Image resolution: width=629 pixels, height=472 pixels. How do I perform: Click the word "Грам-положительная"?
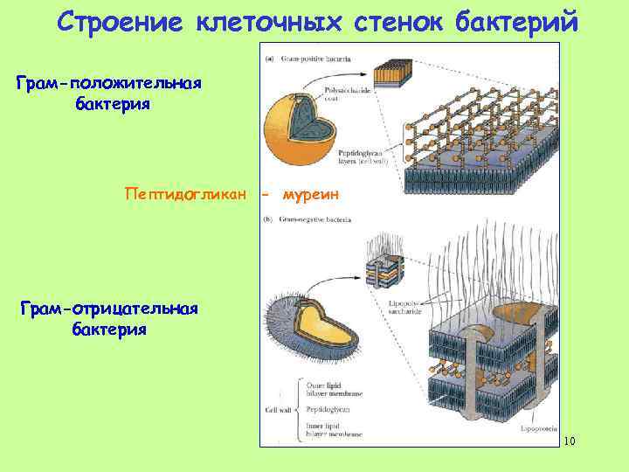tap(109, 84)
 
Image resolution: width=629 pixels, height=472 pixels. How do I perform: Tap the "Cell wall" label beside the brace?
tap(274, 408)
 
